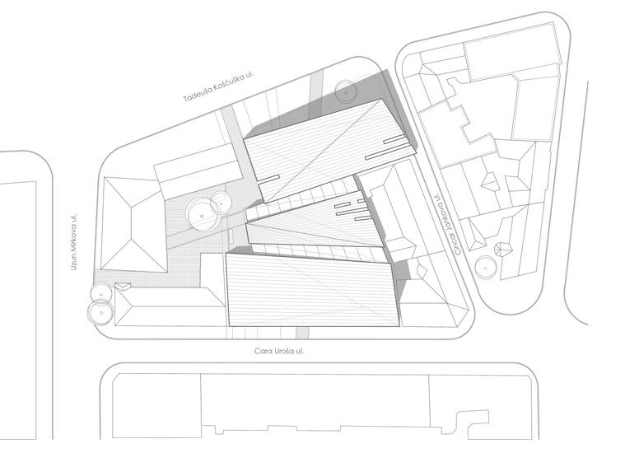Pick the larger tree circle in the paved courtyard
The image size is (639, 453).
(x=201, y=213)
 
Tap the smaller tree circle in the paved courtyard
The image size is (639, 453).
(x=222, y=200)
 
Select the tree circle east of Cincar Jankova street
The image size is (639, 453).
(x=486, y=267)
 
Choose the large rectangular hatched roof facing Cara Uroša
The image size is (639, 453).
(x=312, y=290)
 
